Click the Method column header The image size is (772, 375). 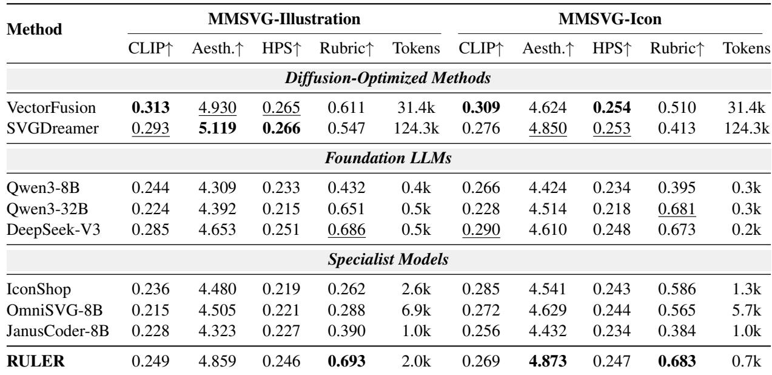pyautogui.click(x=35, y=29)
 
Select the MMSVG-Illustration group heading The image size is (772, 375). pyautogui.click(x=284, y=19)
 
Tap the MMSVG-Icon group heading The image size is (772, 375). pyautogui.click(x=610, y=19)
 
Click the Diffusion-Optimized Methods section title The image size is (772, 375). pyautogui.click(x=388, y=78)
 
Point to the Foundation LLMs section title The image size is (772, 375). pyautogui.click(x=388, y=158)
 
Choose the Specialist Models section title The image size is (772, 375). pyautogui.click(x=388, y=259)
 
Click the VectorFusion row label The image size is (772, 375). pyautogui.click(x=51, y=107)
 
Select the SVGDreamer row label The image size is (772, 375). pyautogui.click(x=52, y=128)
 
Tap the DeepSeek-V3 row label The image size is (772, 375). pyautogui.click(x=53, y=229)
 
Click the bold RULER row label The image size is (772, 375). pyautogui.click(x=36, y=361)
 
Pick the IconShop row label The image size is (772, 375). pyautogui.click(x=39, y=289)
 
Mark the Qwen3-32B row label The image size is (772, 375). pyautogui.click(x=47, y=209)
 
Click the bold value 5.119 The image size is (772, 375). pyautogui.click(x=218, y=128)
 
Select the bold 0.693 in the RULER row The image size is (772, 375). pyautogui.click(x=346, y=361)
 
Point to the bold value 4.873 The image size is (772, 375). pyautogui.click(x=548, y=361)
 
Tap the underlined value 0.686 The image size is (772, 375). pyautogui.click(x=346, y=230)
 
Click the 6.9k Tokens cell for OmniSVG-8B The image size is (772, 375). pyautogui.click(x=416, y=310)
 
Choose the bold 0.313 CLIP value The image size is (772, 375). pyautogui.click(x=150, y=107)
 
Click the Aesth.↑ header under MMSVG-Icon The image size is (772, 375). pyautogui.click(x=548, y=49)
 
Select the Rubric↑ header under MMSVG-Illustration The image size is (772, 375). pyautogui.click(x=346, y=49)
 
